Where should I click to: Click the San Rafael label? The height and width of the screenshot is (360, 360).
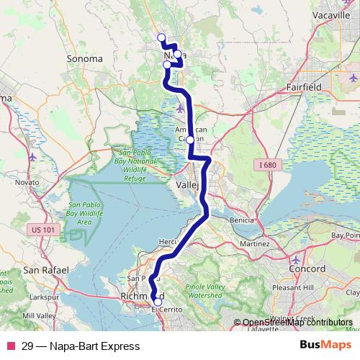[41, 270]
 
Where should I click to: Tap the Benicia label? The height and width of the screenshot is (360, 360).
[241, 220]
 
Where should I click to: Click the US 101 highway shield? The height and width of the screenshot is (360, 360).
[42, 230]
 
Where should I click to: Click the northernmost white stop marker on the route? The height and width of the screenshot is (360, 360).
[161, 37]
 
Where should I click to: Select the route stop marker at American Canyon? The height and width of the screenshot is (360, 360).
[189, 140]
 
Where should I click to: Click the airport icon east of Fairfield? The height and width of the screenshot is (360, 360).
[353, 77]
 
